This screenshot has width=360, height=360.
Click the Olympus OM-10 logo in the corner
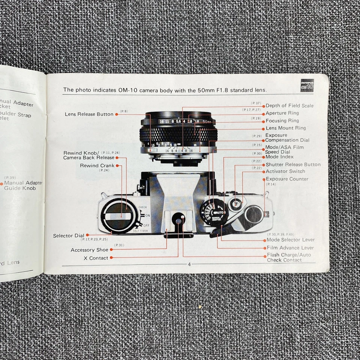click(x=306, y=85)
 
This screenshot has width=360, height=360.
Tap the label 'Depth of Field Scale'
click(x=289, y=106)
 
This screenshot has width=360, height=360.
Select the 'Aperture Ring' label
click(x=282, y=113)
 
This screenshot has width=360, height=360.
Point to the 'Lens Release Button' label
click(x=89, y=114)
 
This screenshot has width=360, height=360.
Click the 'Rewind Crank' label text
click(x=97, y=165)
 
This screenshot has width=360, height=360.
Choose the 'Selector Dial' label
click(x=69, y=235)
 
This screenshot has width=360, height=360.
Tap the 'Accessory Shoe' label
click(x=89, y=250)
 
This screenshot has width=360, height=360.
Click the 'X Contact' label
click(x=99, y=258)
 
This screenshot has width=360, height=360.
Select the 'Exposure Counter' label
click(x=287, y=179)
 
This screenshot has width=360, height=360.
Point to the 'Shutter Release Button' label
click(x=293, y=164)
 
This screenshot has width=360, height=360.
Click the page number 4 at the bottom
click(x=189, y=264)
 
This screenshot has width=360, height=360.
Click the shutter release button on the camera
click(x=235, y=204)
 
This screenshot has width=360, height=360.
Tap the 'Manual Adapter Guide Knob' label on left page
click(x=23, y=185)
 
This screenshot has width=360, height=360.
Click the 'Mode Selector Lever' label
click(x=290, y=240)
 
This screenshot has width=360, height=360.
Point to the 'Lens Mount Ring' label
click(x=285, y=128)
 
